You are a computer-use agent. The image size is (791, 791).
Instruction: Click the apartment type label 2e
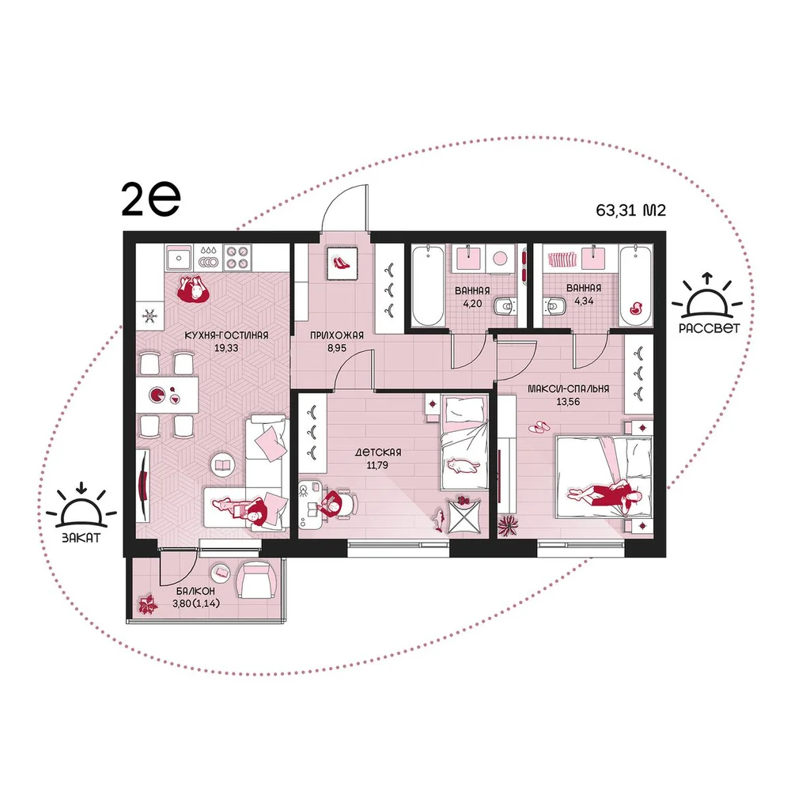pos(151,199)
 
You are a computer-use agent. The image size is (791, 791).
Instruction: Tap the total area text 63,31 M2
pos(630,210)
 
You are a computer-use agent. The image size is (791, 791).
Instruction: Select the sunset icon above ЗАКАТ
pos(81,506)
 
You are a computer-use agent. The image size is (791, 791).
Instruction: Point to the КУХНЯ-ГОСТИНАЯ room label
pos(226,335)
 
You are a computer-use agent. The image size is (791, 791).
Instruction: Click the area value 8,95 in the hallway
pos(336,347)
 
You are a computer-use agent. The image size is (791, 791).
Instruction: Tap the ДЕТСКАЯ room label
pos(378,452)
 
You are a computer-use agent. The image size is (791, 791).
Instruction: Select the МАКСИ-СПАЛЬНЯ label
pos(568,389)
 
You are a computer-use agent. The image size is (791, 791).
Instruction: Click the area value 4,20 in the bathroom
pos(472,304)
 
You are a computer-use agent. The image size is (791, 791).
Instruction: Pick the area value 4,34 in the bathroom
pos(584,301)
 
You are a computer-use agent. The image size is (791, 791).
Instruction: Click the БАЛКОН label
pos(195,591)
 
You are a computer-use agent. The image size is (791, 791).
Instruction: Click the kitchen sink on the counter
pos(179,257)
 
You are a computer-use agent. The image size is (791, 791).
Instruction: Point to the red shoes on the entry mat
pos(342,263)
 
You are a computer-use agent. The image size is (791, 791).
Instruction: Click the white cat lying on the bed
pos(462,466)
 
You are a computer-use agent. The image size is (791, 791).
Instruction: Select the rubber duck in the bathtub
pos(636,308)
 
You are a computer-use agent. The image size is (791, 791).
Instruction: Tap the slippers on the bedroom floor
pos(539,427)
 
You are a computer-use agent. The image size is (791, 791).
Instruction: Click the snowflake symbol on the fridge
pos(149,316)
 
